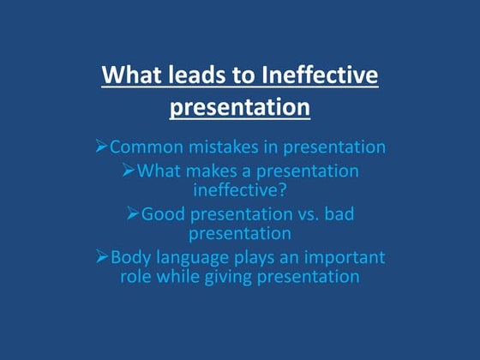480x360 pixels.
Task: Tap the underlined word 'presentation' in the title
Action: (x=239, y=108)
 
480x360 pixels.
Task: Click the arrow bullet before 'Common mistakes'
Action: (x=101, y=147)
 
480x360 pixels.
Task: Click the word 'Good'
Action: (x=162, y=213)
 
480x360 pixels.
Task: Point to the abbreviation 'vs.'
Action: (x=309, y=213)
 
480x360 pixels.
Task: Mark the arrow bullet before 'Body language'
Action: (x=102, y=256)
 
